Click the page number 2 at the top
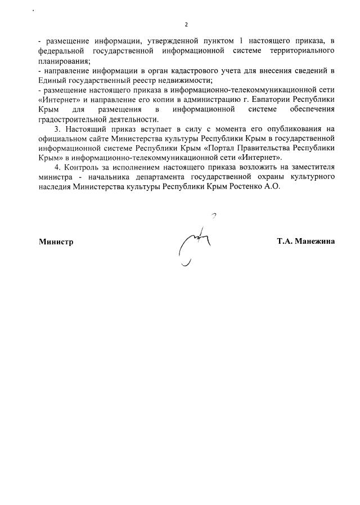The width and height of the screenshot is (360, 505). (x=186, y=25)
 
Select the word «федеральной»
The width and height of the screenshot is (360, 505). (x=59, y=51)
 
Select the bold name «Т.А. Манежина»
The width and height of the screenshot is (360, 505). (x=305, y=242)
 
